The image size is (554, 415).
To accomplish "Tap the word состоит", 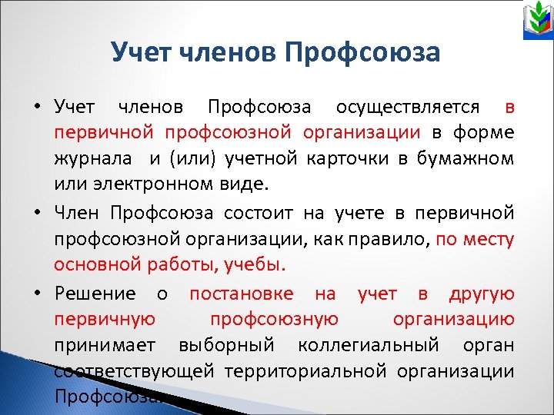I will tap(260, 212).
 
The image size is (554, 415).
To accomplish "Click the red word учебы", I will tap(257, 265).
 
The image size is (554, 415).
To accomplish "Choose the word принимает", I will tap(106, 345).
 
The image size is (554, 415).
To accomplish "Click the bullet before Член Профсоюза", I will tap(38, 213).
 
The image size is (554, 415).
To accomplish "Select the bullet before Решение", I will tap(38, 293).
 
